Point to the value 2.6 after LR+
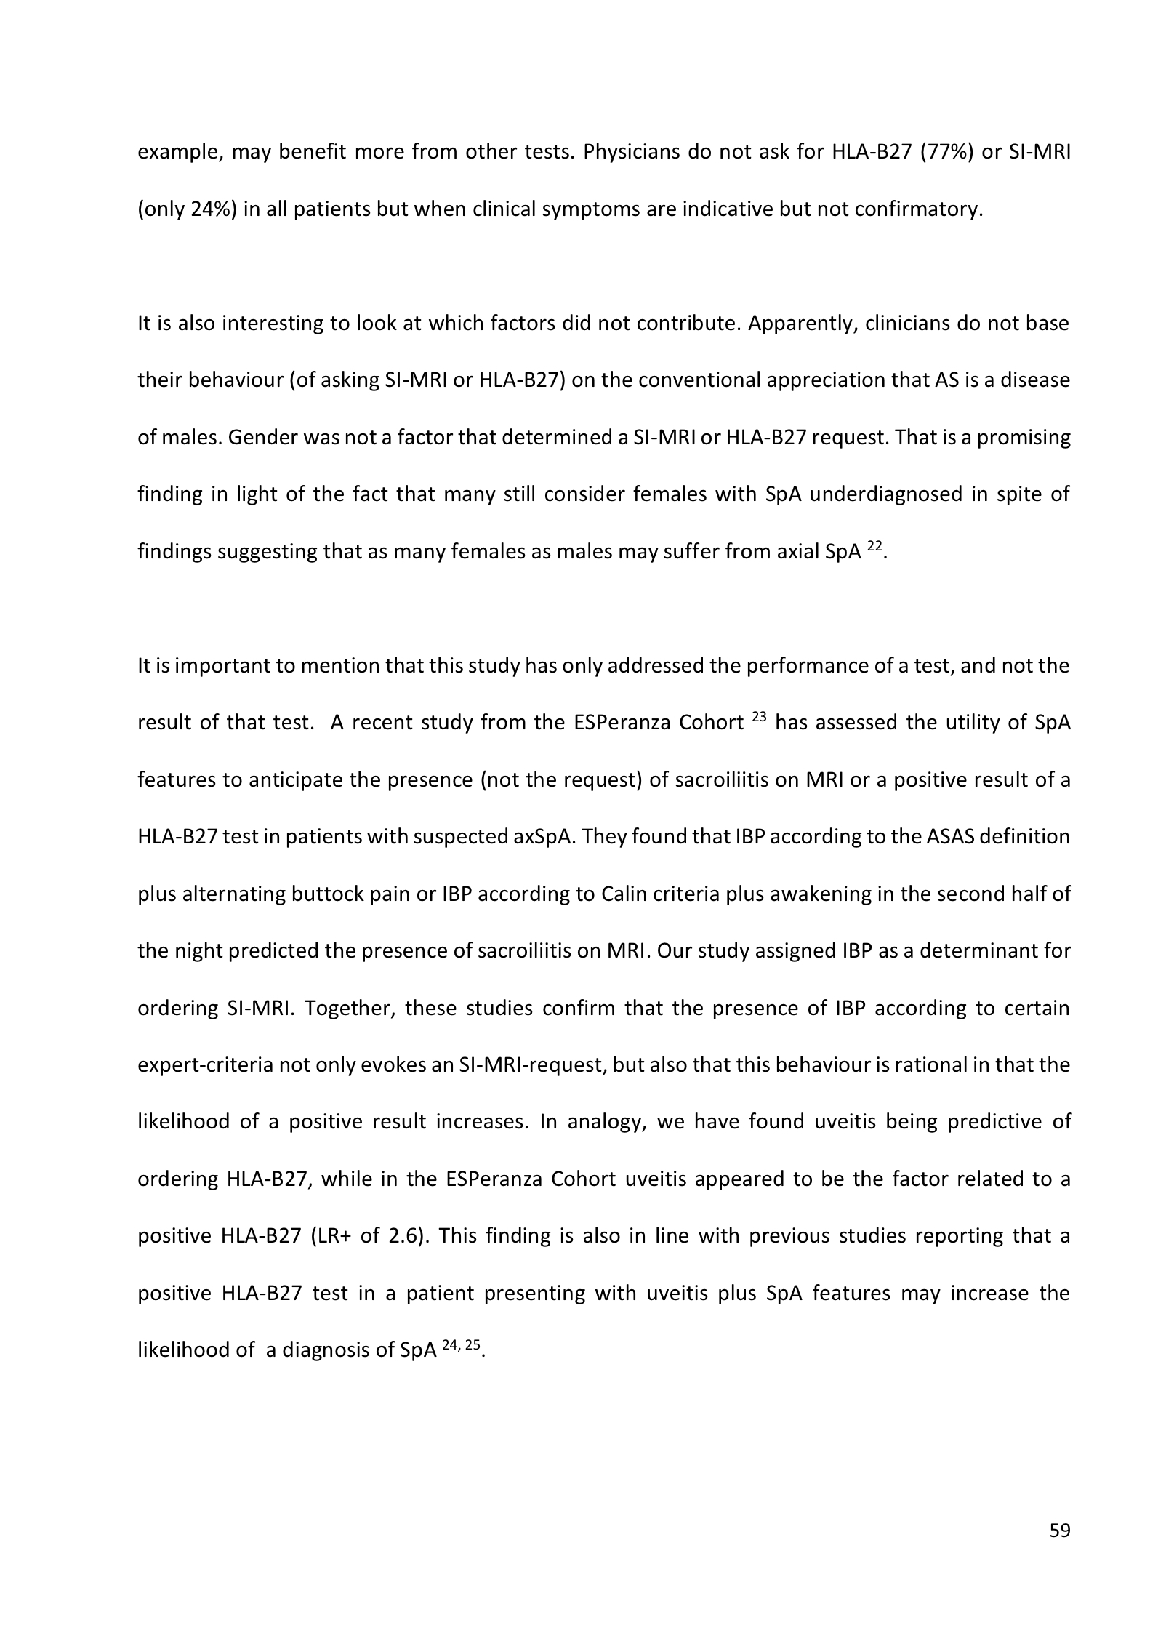(x=403, y=1237)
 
